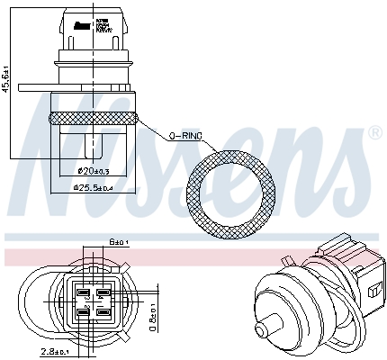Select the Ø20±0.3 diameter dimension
tap(92, 171)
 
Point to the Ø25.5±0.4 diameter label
tap(92, 188)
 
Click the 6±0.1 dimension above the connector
tap(117, 241)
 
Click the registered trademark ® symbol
tap(373, 132)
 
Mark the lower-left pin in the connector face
tap(83, 311)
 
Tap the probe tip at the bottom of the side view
tap(92, 144)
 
